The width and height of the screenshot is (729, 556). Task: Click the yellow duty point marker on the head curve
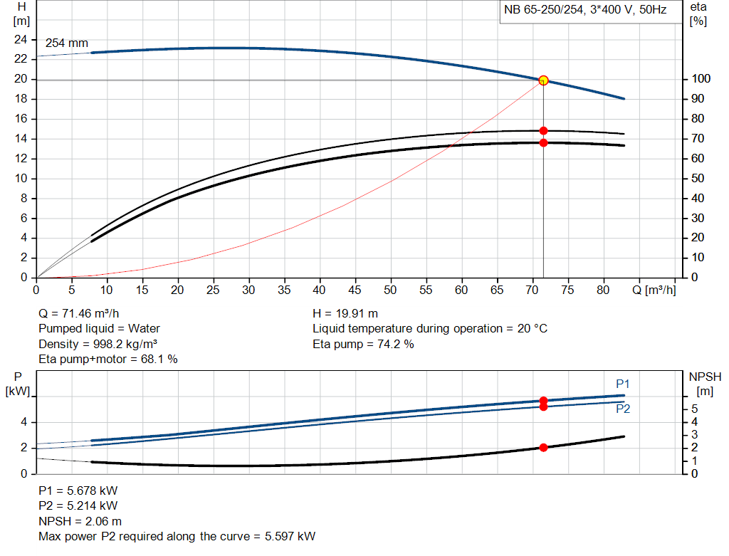pos(543,80)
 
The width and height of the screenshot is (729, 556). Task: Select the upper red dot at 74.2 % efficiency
pos(543,131)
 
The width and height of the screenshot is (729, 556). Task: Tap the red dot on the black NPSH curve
pos(543,448)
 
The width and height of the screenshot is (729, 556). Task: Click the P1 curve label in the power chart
pos(623,384)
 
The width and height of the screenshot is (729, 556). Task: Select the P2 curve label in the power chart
pos(623,409)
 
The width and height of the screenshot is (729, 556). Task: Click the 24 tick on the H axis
pos(21,40)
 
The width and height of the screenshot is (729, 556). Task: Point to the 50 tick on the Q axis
pos(390,290)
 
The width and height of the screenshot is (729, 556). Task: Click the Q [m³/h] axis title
pos(653,290)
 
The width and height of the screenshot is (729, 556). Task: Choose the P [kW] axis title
pos(18,383)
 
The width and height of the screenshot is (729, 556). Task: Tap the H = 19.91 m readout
pos(345,313)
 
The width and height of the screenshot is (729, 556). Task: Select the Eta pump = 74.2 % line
pos(363,345)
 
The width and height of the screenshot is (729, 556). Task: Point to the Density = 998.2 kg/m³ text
pos(98,345)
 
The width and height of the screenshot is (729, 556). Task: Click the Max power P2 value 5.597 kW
pos(288,537)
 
